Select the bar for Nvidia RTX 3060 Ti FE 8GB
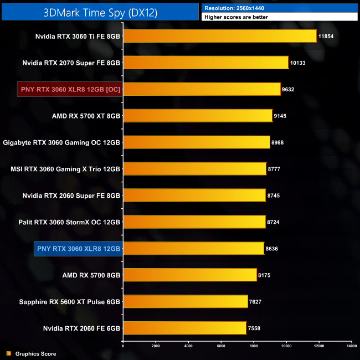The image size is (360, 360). (x=219, y=37)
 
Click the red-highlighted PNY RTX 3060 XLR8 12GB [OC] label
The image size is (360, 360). (x=70, y=89)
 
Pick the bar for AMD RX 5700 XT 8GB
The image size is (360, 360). (x=198, y=116)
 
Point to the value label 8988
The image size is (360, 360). (x=279, y=142)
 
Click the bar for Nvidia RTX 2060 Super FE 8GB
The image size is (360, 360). (x=194, y=196)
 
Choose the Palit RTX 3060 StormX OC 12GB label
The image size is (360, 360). (x=69, y=222)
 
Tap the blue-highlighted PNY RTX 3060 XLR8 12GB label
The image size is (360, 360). (x=78, y=249)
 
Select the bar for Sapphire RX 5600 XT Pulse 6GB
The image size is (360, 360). (x=185, y=302)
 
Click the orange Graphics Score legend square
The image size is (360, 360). (x=8, y=353)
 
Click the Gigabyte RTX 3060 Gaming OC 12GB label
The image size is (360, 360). (x=61, y=142)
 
